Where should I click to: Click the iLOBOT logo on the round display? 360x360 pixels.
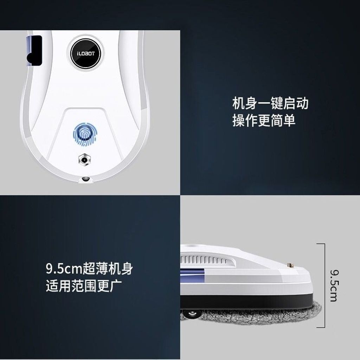pyautogui.click(x=86, y=54)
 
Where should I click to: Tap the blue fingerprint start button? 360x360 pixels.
pyautogui.click(x=85, y=135)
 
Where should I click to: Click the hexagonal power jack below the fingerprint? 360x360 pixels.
pyautogui.click(x=84, y=159)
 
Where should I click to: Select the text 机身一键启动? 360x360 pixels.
pyautogui.click(x=270, y=104)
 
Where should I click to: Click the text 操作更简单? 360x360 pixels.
pyautogui.click(x=264, y=121)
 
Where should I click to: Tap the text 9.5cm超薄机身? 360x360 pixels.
pyautogui.click(x=89, y=268)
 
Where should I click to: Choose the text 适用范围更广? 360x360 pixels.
pyautogui.click(x=84, y=285)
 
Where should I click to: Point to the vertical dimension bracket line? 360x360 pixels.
pyautogui.click(x=324, y=285)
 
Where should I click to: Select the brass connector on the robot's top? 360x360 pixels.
pyautogui.click(x=290, y=266)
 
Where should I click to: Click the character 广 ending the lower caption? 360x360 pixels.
pyautogui.click(x=116, y=285)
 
